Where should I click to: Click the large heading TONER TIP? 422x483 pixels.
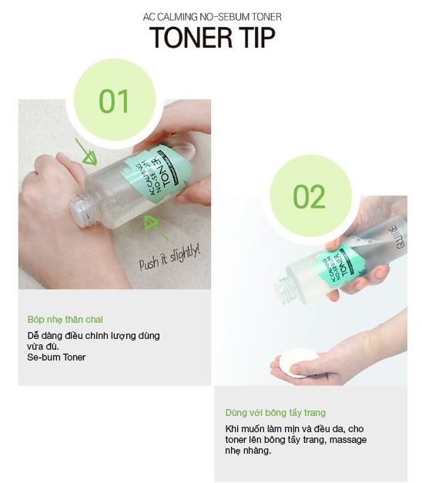click(x=213, y=38)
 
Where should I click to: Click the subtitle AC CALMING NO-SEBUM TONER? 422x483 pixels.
click(x=213, y=17)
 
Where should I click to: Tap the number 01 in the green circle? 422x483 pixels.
click(x=114, y=102)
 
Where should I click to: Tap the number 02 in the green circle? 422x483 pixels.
click(x=309, y=196)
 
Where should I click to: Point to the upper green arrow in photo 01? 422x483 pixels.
click(x=86, y=152)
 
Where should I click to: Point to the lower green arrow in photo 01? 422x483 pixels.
click(x=156, y=227)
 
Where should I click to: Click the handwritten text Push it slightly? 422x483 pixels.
click(x=169, y=259)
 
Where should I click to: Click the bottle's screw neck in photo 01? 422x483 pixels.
click(x=81, y=210)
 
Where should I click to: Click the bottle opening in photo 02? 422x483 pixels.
click(x=283, y=290)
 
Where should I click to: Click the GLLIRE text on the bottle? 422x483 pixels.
click(x=400, y=237)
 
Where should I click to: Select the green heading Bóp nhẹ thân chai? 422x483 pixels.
click(x=65, y=320)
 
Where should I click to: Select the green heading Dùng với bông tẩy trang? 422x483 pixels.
click(x=276, y=412)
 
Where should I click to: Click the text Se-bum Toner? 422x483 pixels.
click(x=56, y=357)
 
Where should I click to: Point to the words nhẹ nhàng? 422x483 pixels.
click(x=248, y=451)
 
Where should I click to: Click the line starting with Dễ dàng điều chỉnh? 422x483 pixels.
click(x=94, y=335)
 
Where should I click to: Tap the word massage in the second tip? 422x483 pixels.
click(x=348, y=440)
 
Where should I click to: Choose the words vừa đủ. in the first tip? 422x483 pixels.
click(x=43, y=346)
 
